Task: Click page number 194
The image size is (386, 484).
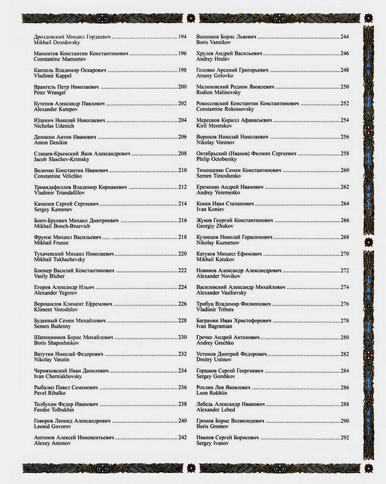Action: click(182, 37)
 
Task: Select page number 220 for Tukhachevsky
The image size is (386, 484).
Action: click(182, 254)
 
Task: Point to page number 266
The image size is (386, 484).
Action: click(345, 220)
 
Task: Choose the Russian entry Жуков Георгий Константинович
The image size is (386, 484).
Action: click(234, 220)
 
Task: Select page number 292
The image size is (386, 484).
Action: click(345, 437)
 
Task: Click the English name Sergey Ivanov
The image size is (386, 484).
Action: click(212, 443)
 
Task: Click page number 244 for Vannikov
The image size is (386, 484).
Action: click(345, 37)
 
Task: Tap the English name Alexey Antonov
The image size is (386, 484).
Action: click(52, 443)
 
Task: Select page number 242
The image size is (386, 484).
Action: click(182, 437)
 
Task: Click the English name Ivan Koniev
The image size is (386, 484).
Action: click(208, 210)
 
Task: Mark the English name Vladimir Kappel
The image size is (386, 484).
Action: click(52, 76)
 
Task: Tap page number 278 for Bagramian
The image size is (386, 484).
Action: click(345, 320)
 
